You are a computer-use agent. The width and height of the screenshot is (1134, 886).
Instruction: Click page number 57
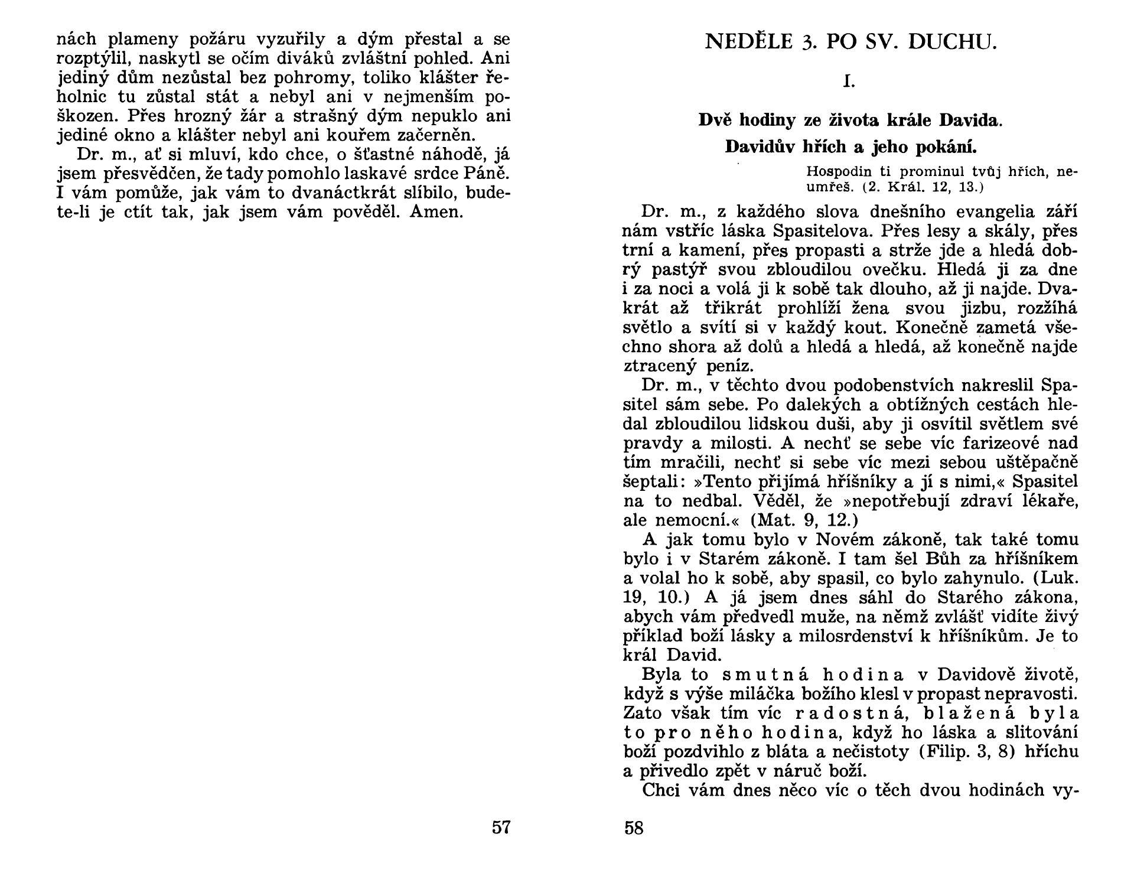click(x=501, y=828)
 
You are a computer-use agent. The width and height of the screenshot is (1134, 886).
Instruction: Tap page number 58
click(x=634, y=828)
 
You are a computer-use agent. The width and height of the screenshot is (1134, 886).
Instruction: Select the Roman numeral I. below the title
click(x=849, y=82)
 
